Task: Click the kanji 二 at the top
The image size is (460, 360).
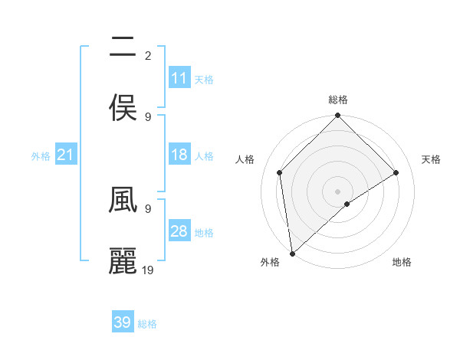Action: pos(123,49)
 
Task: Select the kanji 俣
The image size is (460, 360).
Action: pos(123,108)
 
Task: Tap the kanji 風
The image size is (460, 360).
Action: pos(123,200)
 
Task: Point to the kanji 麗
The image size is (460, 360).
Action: pos(123,261)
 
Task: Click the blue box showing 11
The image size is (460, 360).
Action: pos(179,78)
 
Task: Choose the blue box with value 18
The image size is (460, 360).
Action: pos(179,155)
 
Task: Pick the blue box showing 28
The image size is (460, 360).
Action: pos(179,232)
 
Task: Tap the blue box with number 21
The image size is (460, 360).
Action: pos(66,155)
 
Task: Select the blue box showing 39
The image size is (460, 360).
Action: pos(123,322)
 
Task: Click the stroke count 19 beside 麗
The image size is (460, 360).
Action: pos(148,270)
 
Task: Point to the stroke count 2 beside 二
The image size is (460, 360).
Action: pos(148,56)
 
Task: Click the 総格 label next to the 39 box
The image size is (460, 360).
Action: pos(147,324)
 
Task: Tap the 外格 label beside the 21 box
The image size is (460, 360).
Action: pos(41,156)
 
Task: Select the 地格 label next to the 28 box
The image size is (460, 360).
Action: pos(204,233)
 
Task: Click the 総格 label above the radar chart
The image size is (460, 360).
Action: pos(338,100)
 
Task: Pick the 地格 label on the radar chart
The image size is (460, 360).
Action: pos(402,263)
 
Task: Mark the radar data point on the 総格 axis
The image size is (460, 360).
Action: pos(338,116)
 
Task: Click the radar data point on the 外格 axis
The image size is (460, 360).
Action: pos(292,254)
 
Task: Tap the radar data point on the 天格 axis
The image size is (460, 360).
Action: pos(396,172)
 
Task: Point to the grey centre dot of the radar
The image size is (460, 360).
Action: pos(338,191)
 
